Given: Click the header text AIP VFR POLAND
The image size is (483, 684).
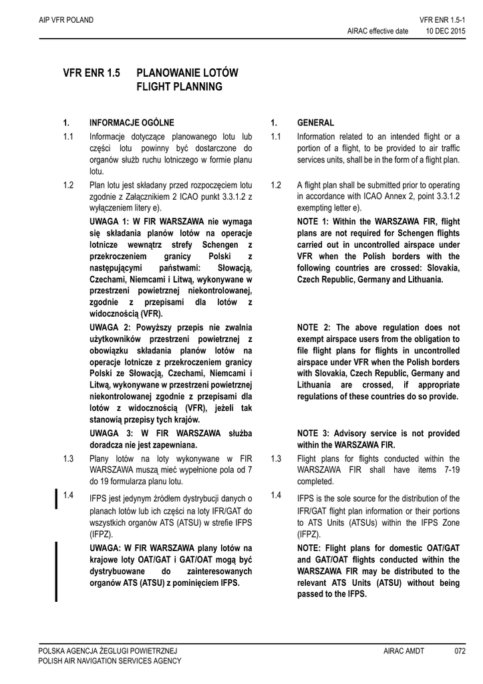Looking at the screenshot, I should coord(66,21).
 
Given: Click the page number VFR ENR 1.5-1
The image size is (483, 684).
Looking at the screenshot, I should coord(442,21).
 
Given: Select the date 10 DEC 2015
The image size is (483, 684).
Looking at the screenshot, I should coord(446,31).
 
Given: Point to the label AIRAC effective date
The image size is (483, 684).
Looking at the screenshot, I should coord(377,31).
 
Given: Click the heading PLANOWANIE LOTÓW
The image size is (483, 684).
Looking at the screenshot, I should coord(187,72).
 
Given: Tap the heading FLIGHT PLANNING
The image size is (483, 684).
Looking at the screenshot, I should coord(179,87).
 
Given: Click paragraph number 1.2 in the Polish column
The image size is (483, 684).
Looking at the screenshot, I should coord(67,184).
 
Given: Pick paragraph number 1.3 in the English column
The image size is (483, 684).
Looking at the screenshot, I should coord(276,458).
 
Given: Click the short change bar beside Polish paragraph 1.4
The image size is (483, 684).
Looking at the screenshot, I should coord(56,499).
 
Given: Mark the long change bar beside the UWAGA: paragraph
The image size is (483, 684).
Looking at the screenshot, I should coord(56,571).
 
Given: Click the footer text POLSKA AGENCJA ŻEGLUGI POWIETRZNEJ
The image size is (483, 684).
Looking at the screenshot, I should coord(108,651).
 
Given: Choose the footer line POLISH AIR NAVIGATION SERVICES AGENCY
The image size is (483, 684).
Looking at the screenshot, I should coord(110,661).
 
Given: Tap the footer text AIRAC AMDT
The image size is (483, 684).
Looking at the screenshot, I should coord(404,651).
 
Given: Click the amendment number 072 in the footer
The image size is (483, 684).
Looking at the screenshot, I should coord(459,651).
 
